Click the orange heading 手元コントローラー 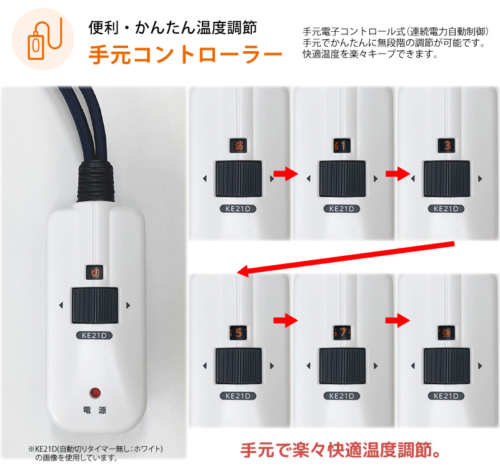[185, 55]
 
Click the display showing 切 [94, 273]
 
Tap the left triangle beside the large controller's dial [61, 306]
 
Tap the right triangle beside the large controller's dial [127, 306]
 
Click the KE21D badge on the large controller [94, 335]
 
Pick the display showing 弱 [238, 145]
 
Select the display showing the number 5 [238, 331]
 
